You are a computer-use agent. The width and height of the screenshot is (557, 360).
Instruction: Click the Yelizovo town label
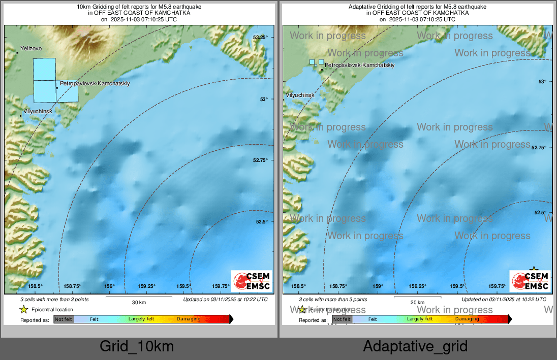(x=30, y=48)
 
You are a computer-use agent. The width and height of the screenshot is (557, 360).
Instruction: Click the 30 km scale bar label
(x=139, y=302)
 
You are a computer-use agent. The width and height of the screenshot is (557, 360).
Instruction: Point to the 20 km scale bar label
(x=417, y=302)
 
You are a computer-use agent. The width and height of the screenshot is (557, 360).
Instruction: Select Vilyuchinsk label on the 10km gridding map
(x=34, y=111)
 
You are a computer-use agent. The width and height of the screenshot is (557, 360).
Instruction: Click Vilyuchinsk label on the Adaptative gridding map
(x=300, y=95)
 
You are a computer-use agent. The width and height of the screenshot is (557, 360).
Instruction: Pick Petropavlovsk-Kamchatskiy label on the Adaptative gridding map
(x=359, y=65)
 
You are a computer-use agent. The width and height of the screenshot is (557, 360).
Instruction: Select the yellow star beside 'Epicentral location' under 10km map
(x=23, y=309)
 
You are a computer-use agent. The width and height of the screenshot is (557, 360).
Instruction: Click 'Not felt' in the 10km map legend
(x=64, y=319)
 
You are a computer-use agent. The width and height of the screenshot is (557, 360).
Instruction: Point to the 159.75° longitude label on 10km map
(x=222, y=286)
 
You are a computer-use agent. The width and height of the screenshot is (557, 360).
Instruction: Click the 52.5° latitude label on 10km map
(x=261, y=221)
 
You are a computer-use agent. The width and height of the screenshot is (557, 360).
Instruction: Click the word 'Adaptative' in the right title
(x=362, y=7)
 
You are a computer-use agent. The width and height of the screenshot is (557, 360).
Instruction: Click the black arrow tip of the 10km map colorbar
(x=232, y=319)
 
